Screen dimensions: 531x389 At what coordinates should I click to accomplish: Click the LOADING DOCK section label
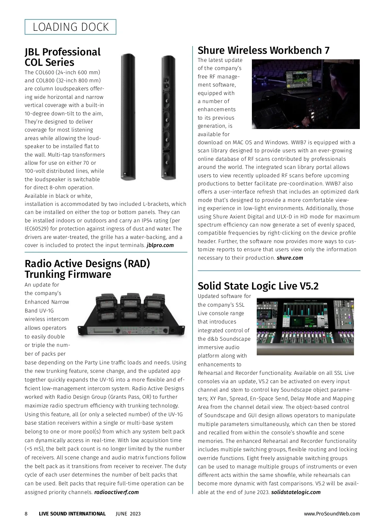(70, 27)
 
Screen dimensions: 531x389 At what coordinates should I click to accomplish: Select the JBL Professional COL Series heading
(63, 57)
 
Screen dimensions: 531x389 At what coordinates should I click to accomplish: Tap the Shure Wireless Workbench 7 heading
(264, 50)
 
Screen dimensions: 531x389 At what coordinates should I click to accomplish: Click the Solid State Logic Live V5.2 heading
(258, 286)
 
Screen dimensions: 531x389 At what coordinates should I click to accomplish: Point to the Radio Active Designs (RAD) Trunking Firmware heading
(87, 269)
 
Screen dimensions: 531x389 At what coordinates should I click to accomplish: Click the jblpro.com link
(160, 245)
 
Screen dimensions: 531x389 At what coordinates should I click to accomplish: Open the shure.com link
(290, 258)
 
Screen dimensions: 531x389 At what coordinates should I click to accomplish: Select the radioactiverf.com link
(116, 492)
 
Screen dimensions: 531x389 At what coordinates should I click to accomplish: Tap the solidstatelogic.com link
(296, 492)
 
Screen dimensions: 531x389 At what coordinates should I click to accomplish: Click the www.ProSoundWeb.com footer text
(332, 513)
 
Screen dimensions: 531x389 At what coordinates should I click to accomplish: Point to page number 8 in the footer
(26, 513)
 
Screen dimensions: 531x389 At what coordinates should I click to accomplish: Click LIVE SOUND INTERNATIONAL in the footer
(72, 513)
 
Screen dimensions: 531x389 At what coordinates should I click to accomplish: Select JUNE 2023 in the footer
(128, 513)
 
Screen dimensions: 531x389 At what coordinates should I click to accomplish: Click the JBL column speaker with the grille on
(127, 117)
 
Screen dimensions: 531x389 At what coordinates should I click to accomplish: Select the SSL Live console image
(305, 326)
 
